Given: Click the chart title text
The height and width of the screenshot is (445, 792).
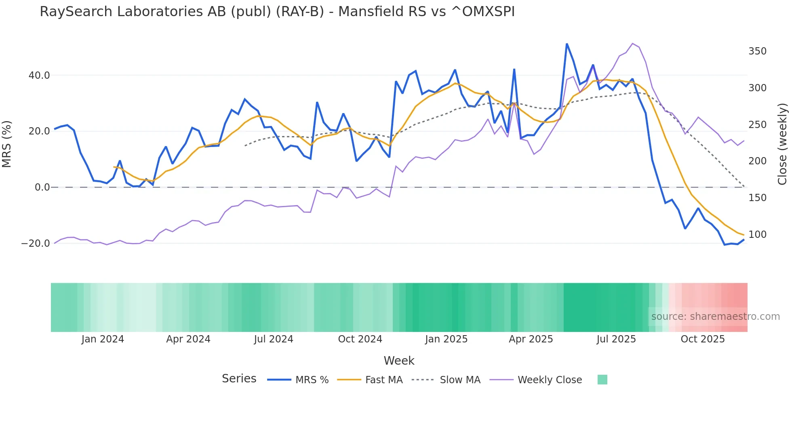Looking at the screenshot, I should (277, 12).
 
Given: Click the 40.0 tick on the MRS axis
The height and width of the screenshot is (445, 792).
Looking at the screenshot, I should (39, 76).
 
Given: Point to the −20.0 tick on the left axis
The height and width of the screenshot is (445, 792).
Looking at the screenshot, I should (36, 243).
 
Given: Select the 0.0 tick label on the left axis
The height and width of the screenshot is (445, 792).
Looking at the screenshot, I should (42, 187).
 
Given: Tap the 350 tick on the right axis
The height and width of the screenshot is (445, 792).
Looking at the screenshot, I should (757, 51).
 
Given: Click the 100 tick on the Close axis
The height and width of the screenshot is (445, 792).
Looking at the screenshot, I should (757, 235).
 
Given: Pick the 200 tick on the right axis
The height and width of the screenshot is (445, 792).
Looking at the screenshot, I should (757, 161).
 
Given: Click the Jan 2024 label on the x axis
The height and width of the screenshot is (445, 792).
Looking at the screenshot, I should (103, 339).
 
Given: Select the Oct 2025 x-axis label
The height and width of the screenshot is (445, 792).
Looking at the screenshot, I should (703, 339).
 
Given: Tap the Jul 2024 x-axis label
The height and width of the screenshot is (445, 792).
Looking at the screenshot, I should (274, 339).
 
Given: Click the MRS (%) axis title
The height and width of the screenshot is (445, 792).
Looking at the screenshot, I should (7, 144).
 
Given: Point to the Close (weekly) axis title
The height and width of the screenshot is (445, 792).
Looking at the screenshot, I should (782, 144).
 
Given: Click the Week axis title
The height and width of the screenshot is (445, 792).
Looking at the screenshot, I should (399, 361).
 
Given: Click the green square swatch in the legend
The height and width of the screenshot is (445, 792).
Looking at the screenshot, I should (602, 380).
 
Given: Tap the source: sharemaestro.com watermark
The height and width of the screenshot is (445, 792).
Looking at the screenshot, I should (715, 317).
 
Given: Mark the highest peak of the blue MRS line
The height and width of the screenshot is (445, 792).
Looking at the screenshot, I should (567, 44).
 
